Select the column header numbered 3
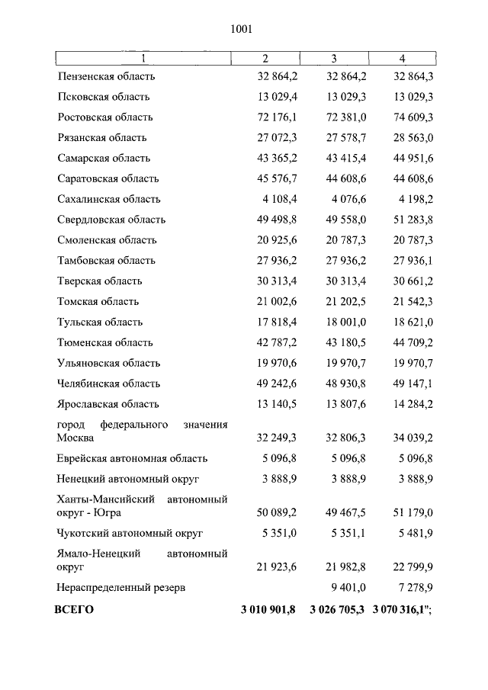[334, 59]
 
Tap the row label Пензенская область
[106, 76]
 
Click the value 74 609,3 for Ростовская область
[413, 117]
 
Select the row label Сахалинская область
[108, 199]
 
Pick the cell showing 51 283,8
[413, 220]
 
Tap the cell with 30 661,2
[413, 281]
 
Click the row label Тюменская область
[104, 342]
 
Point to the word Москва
[75, 438]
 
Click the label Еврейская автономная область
[132, 459]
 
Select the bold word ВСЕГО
[73, 610]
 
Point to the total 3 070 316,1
[402, 610]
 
